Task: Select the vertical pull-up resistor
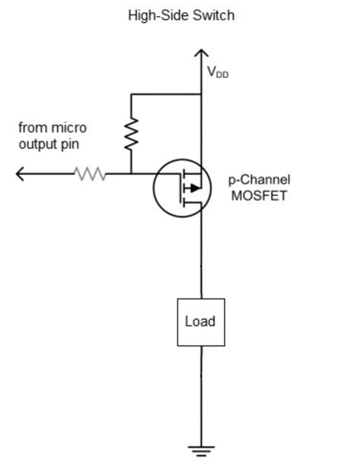(131, 134)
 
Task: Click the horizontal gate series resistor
(90, 174)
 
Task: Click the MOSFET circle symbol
(180, 186)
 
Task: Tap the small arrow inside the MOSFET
(194, 187)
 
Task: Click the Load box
(201, 321)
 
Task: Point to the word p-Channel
(260, 180)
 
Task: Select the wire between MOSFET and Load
(201, 258)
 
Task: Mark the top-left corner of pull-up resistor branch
(131, 95)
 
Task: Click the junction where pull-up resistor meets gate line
(131, 174)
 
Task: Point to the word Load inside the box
(201, 321)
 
